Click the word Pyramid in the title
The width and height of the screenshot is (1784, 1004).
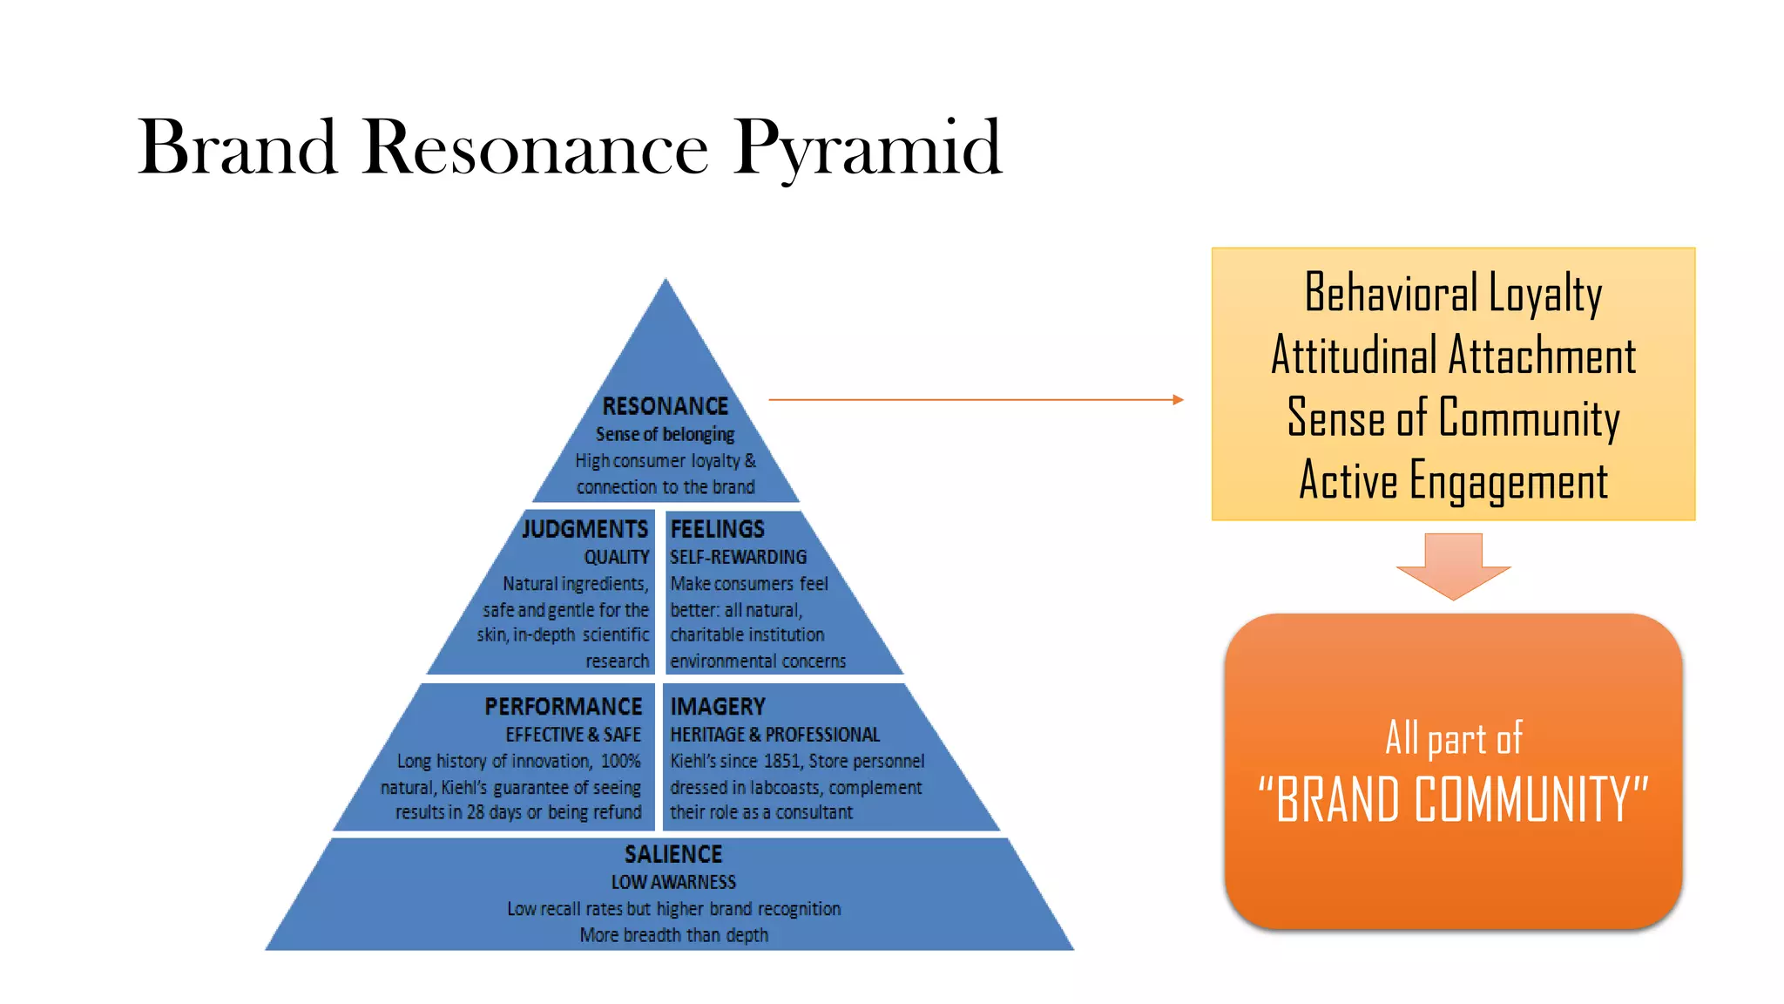[868, 148]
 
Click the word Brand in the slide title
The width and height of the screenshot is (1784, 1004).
[237, 148]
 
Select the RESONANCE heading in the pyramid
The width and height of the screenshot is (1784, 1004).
[665, 406]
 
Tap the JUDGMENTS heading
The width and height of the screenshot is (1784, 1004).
[585, 529]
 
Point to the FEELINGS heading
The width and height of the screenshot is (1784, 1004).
[717, 529]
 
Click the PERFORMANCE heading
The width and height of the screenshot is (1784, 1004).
[563, 706]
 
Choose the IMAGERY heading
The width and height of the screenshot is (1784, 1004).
[717, 706]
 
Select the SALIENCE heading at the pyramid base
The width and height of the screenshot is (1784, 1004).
[673, 854]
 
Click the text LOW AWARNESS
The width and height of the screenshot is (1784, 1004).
[673, 882]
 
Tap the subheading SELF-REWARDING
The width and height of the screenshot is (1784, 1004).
[738, 557]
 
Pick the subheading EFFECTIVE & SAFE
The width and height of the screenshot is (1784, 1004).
[572, 735]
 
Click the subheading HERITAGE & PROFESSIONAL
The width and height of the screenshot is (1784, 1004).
[774, 735]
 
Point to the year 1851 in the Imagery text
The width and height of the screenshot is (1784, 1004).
[781, 761]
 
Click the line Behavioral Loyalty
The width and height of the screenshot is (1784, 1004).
[1453, 293]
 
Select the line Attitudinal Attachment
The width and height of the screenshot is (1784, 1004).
[1453, 356]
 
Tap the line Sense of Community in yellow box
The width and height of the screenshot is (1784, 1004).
[1453, 418]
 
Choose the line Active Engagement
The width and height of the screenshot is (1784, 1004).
[1453, 481]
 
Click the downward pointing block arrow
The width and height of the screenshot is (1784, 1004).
[1453, 566]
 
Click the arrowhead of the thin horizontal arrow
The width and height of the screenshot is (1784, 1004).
[1178, 399]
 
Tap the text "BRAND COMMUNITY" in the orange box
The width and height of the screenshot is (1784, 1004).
[1453, 799]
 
